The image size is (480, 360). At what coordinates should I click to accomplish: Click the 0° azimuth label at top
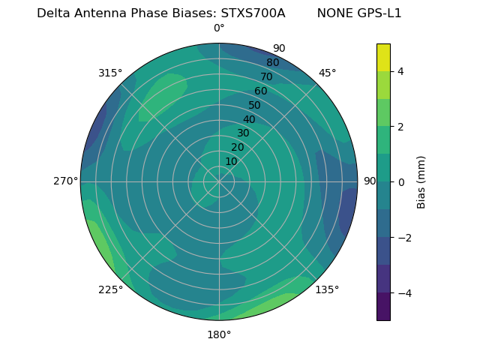[x=219, y=28]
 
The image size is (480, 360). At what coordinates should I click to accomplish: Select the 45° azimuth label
[x=327, y=73]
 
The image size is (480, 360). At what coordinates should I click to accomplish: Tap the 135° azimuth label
[x=327, y=289]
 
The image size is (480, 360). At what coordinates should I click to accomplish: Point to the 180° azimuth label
[x=219, y=334]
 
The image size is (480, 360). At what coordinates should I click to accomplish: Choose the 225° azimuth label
[x=110, y=290]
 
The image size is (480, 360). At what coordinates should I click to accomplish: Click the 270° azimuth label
[x=66, y=181]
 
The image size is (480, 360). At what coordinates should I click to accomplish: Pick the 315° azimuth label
[x=110, y=73]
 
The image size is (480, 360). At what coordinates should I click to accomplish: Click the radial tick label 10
[x=231, y=161]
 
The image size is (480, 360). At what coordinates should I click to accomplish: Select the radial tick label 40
[x=249, y=120]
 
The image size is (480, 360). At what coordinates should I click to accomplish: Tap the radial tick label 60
[x=261, y=91]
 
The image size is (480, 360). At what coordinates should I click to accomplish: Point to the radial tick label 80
[x=273, y=63]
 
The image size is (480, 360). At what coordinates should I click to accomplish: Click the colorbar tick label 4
[x=400, y=71]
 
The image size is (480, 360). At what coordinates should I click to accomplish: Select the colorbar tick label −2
[x=403, y=238]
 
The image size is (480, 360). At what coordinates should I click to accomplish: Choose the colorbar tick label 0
[x=400, y=182]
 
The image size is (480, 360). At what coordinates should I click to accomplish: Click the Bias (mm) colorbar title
[x=421, y=181]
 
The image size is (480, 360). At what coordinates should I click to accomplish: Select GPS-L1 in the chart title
[x=380, y=13]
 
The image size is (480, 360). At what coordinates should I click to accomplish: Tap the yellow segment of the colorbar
[x=383, y=57]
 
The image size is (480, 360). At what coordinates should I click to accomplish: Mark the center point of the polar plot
[x=219, y=181]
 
